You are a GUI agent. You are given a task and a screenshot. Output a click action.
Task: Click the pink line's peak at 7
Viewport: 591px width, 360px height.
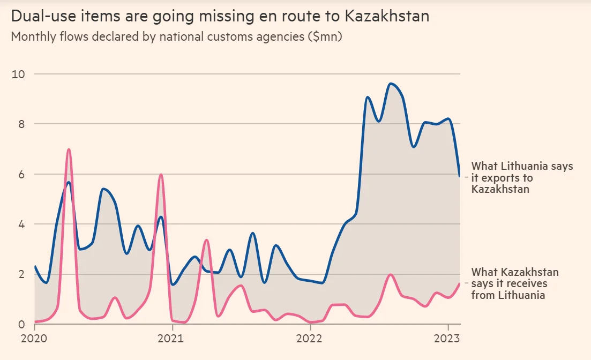click(x=69, y=149)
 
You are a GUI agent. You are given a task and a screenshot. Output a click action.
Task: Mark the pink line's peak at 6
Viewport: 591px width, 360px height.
click(x=160, y=175)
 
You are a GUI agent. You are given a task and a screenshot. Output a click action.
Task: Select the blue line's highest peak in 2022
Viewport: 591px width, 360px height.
click(x=391, y=84)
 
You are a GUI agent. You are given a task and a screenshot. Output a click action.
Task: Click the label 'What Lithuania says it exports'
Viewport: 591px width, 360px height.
click(x=522, y=177)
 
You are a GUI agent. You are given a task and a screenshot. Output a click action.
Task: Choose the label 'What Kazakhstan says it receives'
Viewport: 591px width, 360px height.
click(x=514, y=283)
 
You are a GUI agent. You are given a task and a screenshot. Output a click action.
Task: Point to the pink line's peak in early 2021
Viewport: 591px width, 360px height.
click(x=206, y=240)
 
